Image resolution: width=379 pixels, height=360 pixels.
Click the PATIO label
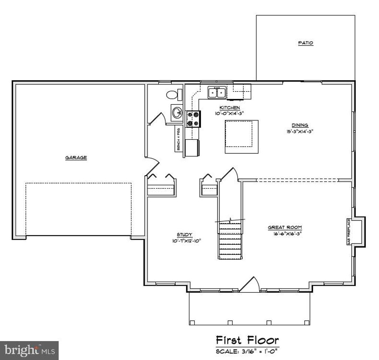coord(306,43)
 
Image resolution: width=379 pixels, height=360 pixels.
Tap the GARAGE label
coord(76,157)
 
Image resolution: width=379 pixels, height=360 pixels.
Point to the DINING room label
coord(300,125)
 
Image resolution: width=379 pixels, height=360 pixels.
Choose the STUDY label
coord(184,234)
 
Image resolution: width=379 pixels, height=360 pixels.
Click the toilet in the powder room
coord(173,94)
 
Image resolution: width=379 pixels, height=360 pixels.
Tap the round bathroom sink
coord(177,111)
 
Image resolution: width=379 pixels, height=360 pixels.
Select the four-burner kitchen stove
coord(193,119)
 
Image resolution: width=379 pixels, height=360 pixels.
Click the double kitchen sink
coord(217,92)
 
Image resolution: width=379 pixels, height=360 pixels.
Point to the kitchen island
coord(241,136)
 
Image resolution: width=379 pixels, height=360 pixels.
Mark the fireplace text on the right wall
coord(349,231)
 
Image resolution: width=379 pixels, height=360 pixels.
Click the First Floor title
coord(247,340)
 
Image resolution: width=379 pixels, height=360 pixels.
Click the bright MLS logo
coord(29,350)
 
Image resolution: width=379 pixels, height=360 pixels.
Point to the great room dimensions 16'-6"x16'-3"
coord(283,233)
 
